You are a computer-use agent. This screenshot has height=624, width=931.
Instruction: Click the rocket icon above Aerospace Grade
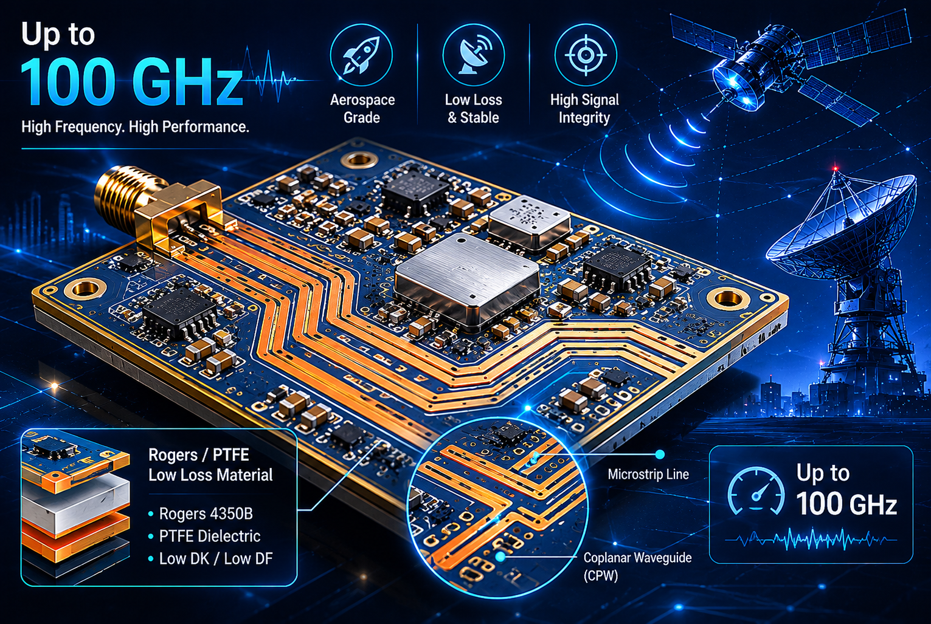point(361,55)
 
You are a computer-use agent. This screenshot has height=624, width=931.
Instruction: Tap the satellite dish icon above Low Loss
point(474,55)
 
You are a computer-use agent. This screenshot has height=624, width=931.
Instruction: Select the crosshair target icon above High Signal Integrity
point(586,55)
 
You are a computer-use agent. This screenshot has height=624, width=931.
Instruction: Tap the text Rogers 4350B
point(206,513)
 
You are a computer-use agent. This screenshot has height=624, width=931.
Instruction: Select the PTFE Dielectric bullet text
point(209,536)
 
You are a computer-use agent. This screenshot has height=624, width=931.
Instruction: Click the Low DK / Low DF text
point(216,558)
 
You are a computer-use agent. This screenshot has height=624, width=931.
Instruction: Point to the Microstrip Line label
point(648,474)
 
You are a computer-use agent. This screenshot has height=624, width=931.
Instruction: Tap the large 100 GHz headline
point(131,82)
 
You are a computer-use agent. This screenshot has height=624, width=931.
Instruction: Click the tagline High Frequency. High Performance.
point(135,126)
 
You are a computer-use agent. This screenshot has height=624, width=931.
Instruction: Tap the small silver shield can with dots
point(530,222)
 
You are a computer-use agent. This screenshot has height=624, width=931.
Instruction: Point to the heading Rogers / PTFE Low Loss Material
point(210,465)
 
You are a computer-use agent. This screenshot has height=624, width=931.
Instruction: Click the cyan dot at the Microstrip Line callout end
point(660,454)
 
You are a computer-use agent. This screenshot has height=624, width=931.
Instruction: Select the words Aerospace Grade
point(362,109)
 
